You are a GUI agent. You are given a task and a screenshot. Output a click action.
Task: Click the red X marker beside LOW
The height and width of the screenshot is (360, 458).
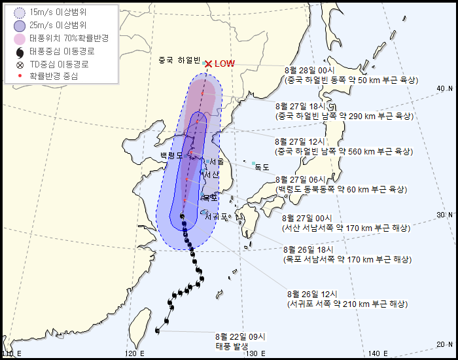(x=208, y=63)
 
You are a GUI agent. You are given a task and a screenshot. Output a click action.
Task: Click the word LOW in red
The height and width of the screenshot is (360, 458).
(x=224, y=63)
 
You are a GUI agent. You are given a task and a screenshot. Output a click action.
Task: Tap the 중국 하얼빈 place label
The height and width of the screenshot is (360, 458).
(x=179, y=60)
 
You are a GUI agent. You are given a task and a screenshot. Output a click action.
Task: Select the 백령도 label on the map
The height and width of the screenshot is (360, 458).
(x=172, y=155)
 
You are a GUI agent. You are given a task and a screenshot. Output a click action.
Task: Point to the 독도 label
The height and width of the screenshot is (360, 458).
(x=262, y=167)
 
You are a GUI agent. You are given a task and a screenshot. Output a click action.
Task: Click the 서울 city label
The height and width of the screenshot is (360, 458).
(x=217, y=161)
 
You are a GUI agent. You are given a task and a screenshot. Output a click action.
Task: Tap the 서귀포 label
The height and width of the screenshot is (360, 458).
(x=217, y=216)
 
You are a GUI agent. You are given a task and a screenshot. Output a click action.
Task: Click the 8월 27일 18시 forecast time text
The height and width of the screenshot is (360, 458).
(x=306, y=106)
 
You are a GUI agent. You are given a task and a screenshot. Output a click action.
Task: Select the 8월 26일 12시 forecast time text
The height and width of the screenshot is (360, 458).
(x=312, y=294)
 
